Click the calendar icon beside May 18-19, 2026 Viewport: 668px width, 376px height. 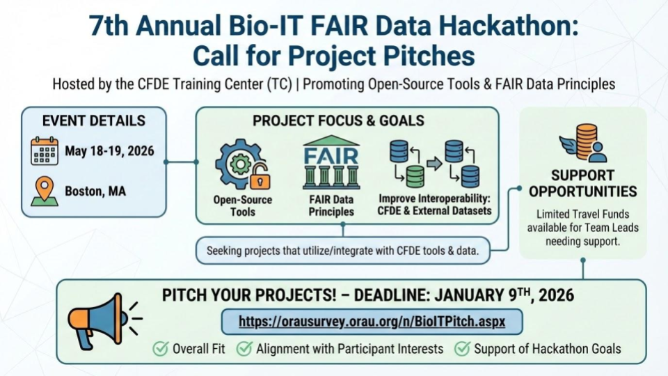[x=45, y=151]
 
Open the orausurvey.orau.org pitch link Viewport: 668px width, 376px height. [x=372, y=322]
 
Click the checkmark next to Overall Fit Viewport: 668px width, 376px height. [x=160, y=349]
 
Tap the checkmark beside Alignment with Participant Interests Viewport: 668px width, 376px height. [x=244, y=349]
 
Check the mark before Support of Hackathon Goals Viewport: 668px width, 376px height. [x=462, y=349]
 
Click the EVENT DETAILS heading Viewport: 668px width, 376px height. [x=94, y=120]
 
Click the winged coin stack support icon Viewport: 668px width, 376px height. [x=582, y=143]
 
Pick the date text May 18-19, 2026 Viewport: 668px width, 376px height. [x=110, y=151]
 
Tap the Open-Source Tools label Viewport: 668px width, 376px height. [x=242, y=206]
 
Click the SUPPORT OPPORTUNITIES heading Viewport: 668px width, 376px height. [x=582, y=183]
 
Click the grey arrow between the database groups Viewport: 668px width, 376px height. [x=434, y=164]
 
